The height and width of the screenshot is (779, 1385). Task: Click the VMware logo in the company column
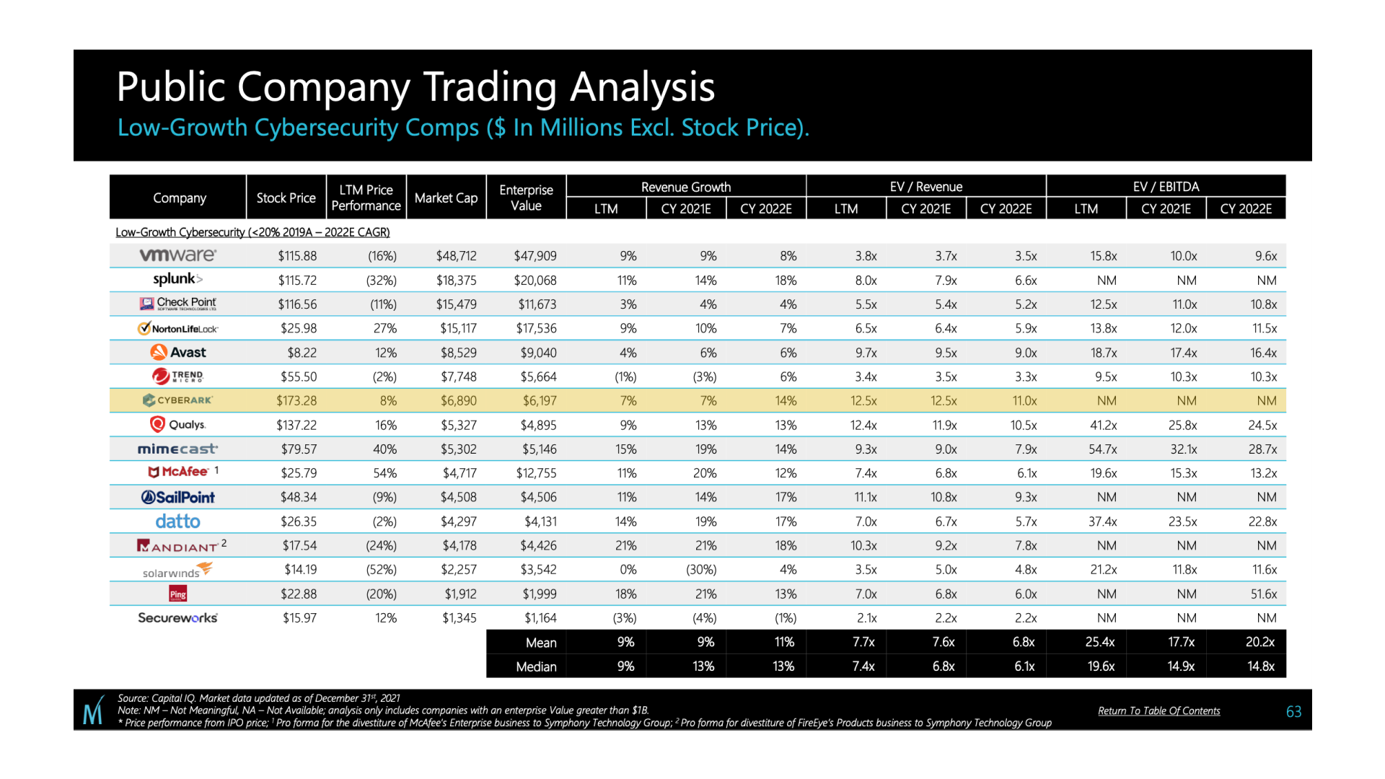tap(177, 255)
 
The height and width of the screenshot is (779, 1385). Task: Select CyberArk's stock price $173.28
tap(296, 401)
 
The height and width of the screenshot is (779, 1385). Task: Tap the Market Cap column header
tap(446, 198)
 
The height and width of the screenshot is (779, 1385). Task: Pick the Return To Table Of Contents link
tap(1158, 711)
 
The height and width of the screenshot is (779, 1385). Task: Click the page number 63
tap(1293, 712)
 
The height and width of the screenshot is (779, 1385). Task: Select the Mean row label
tap(541, 643)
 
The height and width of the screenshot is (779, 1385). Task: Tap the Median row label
tap(536, 667)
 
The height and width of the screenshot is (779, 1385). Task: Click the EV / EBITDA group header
tap(1166, 187)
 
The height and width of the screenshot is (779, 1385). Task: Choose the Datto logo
tap(177, 521)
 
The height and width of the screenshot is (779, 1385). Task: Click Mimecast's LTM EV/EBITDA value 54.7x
tap(1103, 449)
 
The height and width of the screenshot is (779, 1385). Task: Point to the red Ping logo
tap(177, 594)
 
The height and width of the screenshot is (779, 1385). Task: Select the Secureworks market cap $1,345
tap(459, 618)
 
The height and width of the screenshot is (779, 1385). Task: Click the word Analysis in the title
tap(642, 87)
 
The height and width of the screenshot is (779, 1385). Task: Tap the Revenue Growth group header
tap(685, 187)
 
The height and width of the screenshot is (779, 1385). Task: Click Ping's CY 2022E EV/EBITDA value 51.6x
tap(1262, 594)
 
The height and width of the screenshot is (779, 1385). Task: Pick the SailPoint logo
tap(177, 498)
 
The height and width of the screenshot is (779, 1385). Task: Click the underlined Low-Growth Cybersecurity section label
tap(252, 232)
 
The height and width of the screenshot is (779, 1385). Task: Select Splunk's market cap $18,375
tap(456, 281)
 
